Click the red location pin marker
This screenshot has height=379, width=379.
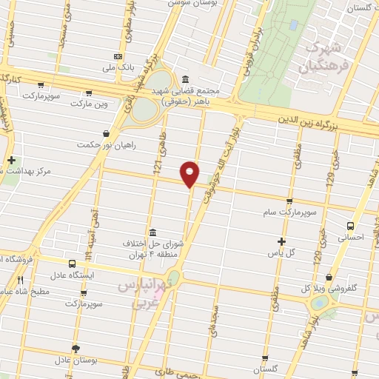(x=190, y=173)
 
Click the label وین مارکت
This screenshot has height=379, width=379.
(x=89, y=103)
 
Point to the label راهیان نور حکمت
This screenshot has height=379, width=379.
(x=107, y=144)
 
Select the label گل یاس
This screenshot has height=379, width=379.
(x=281, y=252)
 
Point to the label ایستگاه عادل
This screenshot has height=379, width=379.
(x=71, y=275)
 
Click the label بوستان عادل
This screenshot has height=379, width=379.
(x=75, y=360)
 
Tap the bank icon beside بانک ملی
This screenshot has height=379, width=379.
(x=118, y=56)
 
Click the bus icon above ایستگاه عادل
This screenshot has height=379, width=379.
(x=72, y=264)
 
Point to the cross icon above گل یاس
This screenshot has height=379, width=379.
(x=281, y=241)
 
